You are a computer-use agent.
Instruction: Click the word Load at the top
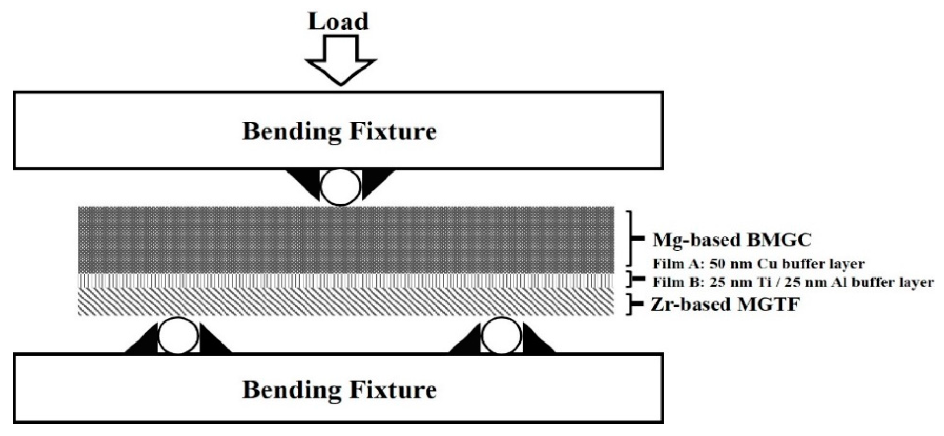(x=338, y=22)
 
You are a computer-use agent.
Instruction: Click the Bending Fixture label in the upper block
(x=339, y=131)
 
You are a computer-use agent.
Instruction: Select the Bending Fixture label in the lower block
(x=339, y=390)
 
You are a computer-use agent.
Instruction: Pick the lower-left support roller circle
(x=179, y=336)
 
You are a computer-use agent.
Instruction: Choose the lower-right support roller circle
(x=502, y=336)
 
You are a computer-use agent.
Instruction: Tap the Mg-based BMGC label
(x=732, y=240)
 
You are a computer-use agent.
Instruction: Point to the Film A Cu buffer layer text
(x=759, y=264)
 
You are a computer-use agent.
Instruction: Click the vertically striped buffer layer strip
(x=346, y=280)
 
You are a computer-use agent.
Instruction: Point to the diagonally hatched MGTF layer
(x=346, y=301)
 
